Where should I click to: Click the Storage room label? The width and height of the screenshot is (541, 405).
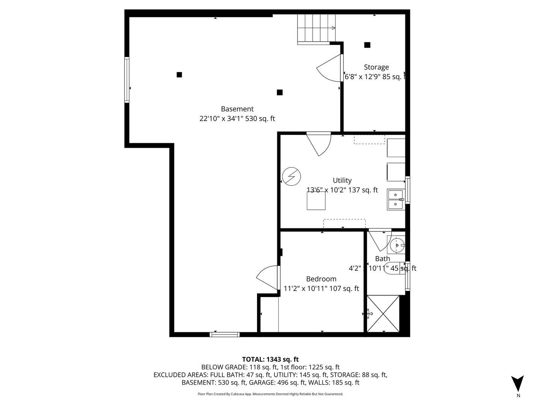click(x=376, y=67)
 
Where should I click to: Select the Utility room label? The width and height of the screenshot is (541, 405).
click(x=342, y=180)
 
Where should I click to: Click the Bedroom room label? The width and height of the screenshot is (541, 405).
click(x=321, y=279)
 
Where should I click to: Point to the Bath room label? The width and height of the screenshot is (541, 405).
click(x=382, y=259)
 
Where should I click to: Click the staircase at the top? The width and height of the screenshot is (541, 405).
click(x=316, y=28)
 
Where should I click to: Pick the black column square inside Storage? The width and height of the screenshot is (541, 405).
click(x=367, y=45)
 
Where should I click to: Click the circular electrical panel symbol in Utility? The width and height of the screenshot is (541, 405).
click(x=292, y=176)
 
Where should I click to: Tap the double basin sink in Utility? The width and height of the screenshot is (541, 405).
click(x=396, y=199)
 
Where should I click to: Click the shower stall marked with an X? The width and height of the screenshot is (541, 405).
click(x=383, y=313)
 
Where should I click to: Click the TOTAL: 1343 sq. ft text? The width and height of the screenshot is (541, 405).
click(x=270, y=359)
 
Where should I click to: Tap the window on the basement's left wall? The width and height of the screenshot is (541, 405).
click(x=127, y=79)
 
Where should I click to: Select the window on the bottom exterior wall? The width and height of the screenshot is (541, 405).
click(x=224, y=334)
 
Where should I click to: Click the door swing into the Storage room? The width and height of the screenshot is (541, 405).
click(x=330, y=68)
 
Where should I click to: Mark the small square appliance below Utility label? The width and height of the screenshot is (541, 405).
click(x=316, y=201)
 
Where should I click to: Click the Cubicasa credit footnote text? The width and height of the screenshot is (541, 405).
click(x=270, y=394)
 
